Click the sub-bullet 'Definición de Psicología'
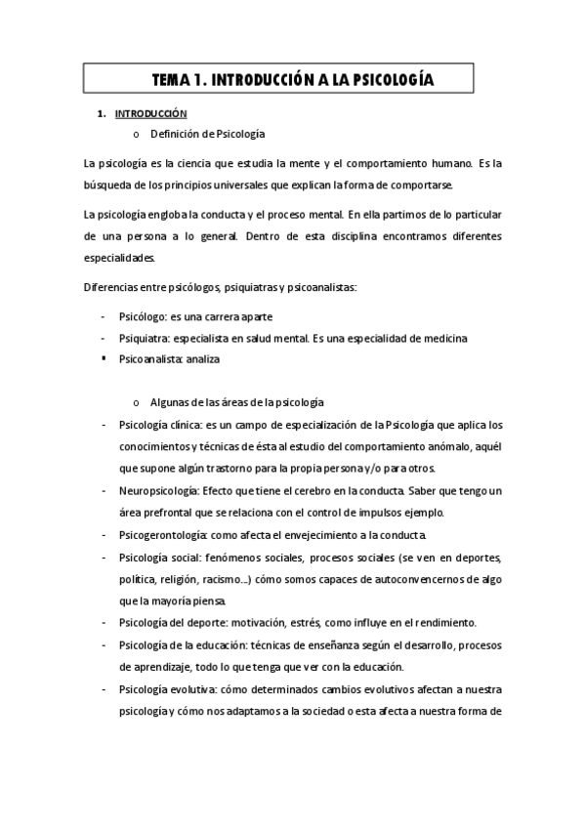[207, 134]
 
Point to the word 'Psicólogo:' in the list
[144, 318]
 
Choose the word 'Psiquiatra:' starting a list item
[144, 338]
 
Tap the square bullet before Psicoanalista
[103, 357]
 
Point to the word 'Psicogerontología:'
[161, 535]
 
